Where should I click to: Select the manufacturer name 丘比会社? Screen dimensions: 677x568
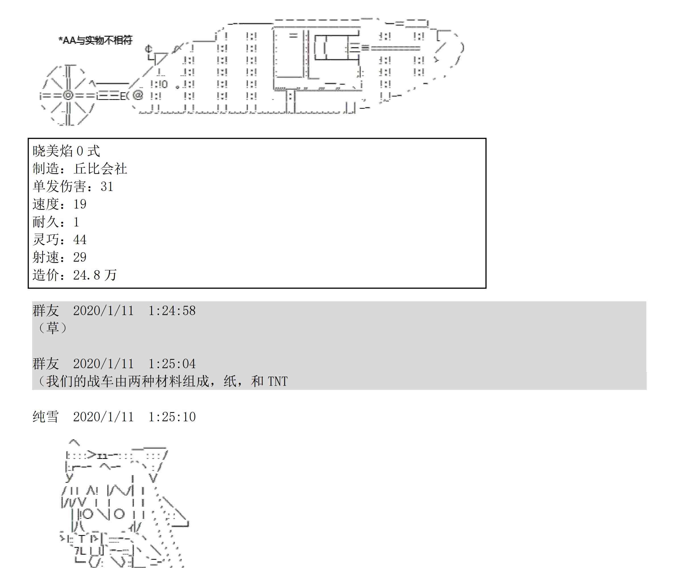tap(100, 169)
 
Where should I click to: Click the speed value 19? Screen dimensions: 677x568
tap(80, 204)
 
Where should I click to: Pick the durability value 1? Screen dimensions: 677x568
tap(76, 222)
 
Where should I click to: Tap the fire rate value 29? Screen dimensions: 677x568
tap(80, 257)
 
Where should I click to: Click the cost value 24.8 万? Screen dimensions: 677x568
tap(95, 275)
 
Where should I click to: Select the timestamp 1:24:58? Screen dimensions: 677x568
tap(172, 311)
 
